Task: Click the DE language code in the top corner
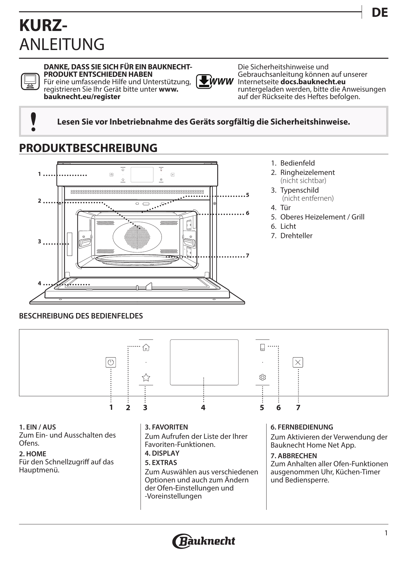click(x=379, y=13)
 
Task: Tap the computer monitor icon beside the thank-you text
click(x=30, y=81)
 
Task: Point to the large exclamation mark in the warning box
click(x=33, y=122)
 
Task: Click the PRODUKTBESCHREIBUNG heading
click(x=88, y=148)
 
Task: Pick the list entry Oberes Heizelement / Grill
click(x=317, y=217)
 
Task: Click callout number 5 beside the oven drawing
click(x=248, y=195)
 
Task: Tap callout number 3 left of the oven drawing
click(x=39, y=241)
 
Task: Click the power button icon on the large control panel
click(x=111, y=362)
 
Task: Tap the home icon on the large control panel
click(x=146, y=348)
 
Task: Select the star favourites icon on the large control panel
click(x=146, y=377)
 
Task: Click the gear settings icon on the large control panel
click(x=263, y=377)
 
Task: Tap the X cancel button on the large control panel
click(x=298, y=362)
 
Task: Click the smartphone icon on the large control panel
click(x=263, y=348)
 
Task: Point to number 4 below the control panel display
click(x=203, y=408)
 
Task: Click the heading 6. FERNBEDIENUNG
click(x=302, y=427)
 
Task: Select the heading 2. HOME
click(x=33, y=454)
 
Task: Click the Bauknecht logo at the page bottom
click(x=204, y=541)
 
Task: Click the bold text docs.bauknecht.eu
click(x=313, y=82)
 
